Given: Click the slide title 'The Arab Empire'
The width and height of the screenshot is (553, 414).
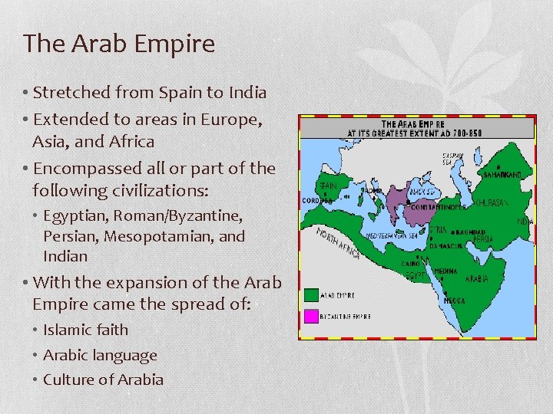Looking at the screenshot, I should [x=119, y=44].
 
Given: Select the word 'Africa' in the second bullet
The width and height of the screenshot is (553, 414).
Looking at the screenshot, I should [x=132, y=142].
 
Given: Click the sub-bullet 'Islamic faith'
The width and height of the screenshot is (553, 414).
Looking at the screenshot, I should [x=85, y=330].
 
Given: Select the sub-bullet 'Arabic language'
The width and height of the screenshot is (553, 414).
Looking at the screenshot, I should [x=100, y=355].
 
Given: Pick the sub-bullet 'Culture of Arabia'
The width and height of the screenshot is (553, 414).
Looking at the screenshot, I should [x=103, y=379].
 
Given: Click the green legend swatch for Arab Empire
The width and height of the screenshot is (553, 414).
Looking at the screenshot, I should [x=311, y=294].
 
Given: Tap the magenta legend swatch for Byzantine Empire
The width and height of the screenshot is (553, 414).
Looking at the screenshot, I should [x=311, y=315].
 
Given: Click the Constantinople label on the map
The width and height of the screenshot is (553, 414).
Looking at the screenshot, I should [x=439, y=207].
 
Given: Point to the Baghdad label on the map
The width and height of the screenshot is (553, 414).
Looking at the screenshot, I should [x=471, y=231].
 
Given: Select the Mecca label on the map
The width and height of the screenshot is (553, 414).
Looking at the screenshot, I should [x=454, y=301].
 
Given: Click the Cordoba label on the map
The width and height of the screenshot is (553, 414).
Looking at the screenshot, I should [x=317, y=201].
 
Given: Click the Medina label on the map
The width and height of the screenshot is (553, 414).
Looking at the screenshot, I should [x=446, y=271].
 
